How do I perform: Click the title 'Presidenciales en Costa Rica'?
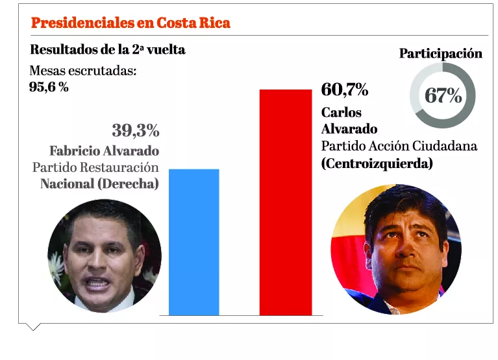(131, 23)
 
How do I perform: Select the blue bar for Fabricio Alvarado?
(193, 241)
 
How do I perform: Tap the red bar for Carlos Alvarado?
(285, 202)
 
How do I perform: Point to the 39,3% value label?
(135, 130)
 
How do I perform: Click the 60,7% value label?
(345, 90)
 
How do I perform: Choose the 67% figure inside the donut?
(443, 96)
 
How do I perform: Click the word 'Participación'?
(440, 54)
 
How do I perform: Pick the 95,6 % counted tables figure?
(49, 86)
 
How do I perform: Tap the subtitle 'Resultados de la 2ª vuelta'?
(108, 50)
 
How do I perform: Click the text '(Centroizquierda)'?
(377, 163)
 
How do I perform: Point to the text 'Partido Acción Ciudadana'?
(399, 146)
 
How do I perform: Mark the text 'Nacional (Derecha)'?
(99, 184)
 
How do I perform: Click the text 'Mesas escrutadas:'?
(83, 71)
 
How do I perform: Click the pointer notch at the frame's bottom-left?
(31, 327)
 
